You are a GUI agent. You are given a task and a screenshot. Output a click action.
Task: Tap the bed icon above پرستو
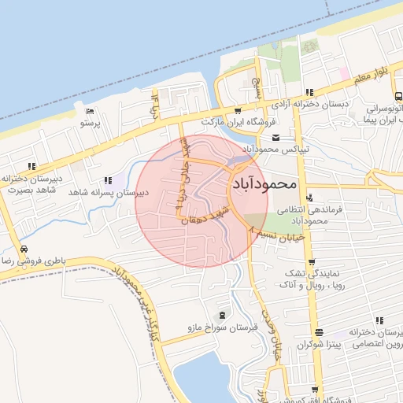[89, 111]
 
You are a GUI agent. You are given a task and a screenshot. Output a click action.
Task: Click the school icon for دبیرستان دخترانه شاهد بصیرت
[31, 166]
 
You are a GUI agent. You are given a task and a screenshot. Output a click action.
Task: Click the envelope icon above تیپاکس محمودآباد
[275, 136]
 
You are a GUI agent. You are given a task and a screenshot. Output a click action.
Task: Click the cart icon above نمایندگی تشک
[312, 263]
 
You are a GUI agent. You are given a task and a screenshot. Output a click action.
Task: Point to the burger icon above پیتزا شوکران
[318, 332]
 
